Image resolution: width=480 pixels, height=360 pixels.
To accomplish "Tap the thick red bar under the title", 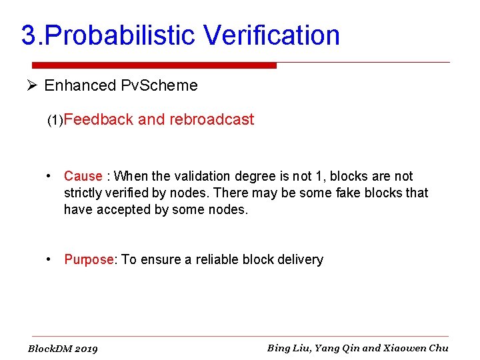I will pyautogui.click(x=153, y=65).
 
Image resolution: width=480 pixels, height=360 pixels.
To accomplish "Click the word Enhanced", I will pyautogui.click(x=80, y=85).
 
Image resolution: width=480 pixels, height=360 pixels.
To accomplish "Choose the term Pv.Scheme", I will pyautogui.click(x=159, y=85).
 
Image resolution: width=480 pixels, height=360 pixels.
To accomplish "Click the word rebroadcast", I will pyautogui.click(x=211, y=120).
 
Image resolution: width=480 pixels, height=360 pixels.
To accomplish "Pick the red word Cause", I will pyautogui.click(x=83, y=176).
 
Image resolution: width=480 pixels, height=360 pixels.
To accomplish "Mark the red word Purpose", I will pyautogui.click(x=89, y=259).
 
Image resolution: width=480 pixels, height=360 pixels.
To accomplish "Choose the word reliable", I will pyautogui.click(x=221, y=259).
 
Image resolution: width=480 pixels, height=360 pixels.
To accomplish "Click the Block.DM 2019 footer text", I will pyautogui.click(x=63, y=349).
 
